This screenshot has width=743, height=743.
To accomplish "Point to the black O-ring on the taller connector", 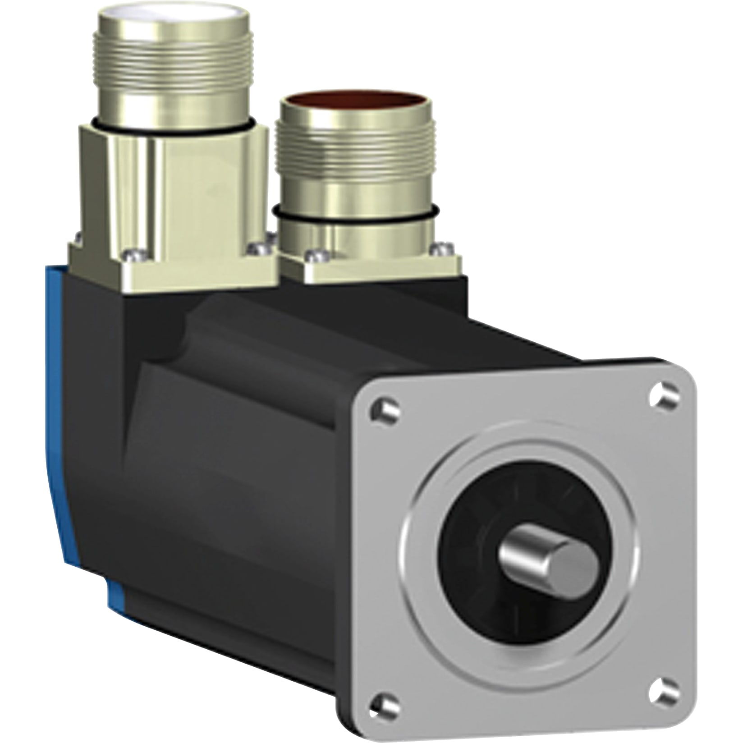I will tap(174, 128).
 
